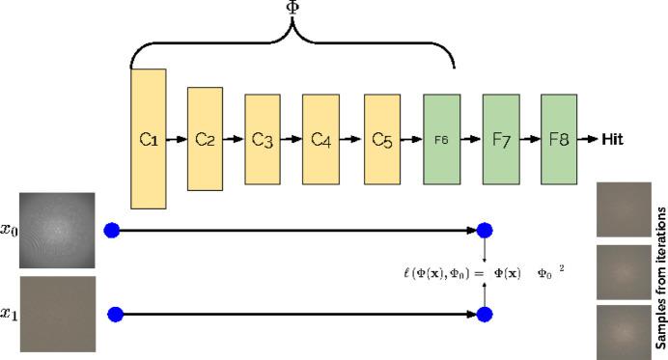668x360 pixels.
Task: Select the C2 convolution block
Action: (x=205, y=138)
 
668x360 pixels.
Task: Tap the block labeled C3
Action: (x=262, y=139)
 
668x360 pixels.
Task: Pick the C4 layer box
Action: (x=320, y=139)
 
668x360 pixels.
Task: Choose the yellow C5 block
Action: (x=382, y=139)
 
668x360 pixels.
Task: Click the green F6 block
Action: (x=441, y=139)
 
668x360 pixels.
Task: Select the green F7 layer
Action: (x=501, y=139)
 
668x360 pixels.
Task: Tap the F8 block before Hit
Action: (x=559, y=139)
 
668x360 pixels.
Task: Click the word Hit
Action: (x=612, y=139)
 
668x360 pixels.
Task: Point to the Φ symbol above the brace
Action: (x=292, y=8)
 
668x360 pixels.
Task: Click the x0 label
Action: (x=9, y=232)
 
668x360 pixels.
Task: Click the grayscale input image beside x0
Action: (x=57, y=233)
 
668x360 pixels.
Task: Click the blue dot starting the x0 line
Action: (x=112, y=231)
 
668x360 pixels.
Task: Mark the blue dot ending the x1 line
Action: (x=485, y=315)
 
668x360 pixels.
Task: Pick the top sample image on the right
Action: (x=624, y=209)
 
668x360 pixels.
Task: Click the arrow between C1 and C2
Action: (x=176, y=139)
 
